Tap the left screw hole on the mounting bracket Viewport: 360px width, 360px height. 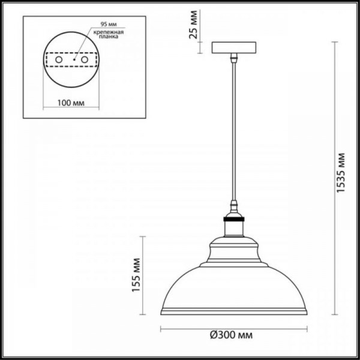tap(59, 59)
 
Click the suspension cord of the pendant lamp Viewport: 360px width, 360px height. tap(232, 132)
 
